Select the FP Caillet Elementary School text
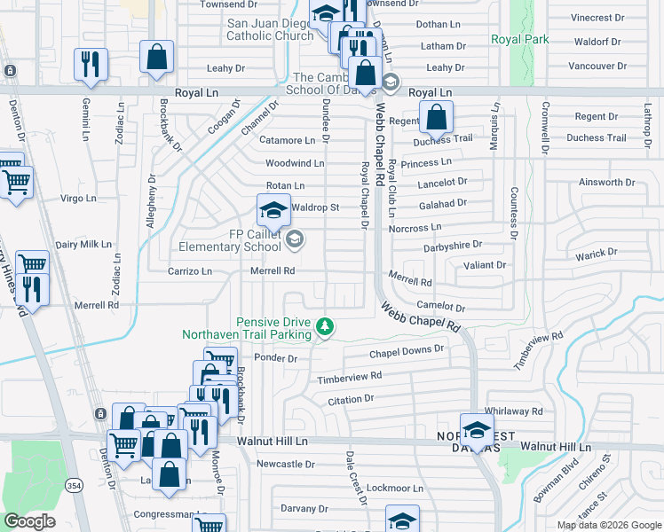(230, 240)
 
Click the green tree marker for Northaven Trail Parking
(326, 328)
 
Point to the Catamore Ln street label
(287, 140)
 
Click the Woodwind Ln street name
(295, 163)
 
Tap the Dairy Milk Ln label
(83, 244)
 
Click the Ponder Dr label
(275, 358)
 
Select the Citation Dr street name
(352, 401)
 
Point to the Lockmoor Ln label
(395, 488)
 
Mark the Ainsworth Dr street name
(606, 183)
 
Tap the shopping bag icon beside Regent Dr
(437, 117)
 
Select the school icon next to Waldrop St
(274, 211)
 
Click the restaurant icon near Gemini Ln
(91, 65)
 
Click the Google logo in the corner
(29, 521)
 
